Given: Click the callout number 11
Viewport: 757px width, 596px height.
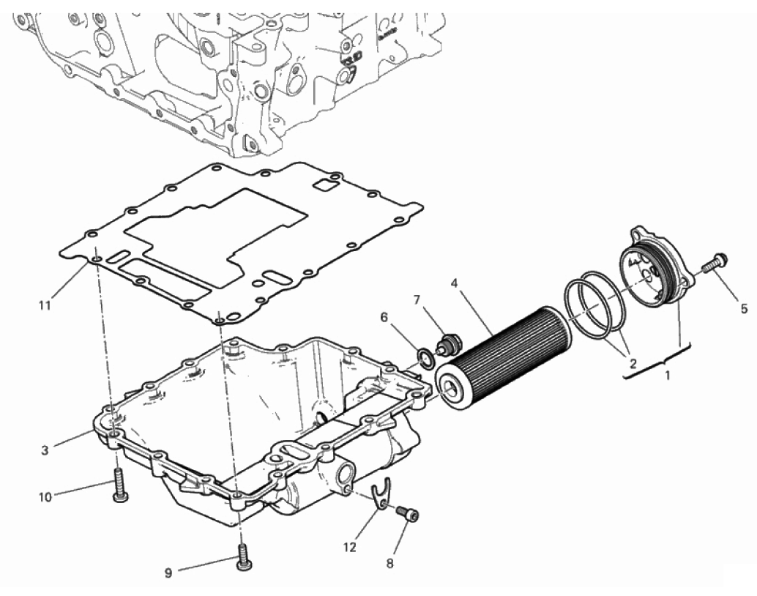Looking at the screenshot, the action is click(x=45, y=306).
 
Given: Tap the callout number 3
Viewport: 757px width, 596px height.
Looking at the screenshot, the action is click(x=45, y=450).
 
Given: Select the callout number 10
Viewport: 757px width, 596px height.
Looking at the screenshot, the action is click(x=45, y=497).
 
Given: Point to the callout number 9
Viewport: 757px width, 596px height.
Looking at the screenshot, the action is click(x=168, y=573).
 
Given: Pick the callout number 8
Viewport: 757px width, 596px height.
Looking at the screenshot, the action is click(x=390, y=563).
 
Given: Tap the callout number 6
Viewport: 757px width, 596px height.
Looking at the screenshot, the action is click(x=384, y=317).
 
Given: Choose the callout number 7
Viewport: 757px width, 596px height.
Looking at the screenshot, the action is click(x=417, y=300).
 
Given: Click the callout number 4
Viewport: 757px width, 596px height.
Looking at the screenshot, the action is click(x=454, y=283).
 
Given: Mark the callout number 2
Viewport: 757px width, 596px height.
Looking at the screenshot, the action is click(x=633, y=363).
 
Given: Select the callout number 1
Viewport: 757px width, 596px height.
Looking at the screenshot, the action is click(x=668, y=374).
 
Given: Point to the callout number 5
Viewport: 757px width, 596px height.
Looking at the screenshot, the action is click(x=744, y=308).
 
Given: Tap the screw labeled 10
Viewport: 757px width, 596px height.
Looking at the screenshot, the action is click(x=119, y=485).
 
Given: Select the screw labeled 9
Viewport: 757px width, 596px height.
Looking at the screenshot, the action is click(x=245, y=556).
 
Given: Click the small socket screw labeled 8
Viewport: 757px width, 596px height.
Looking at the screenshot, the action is click(x=408, y=514).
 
